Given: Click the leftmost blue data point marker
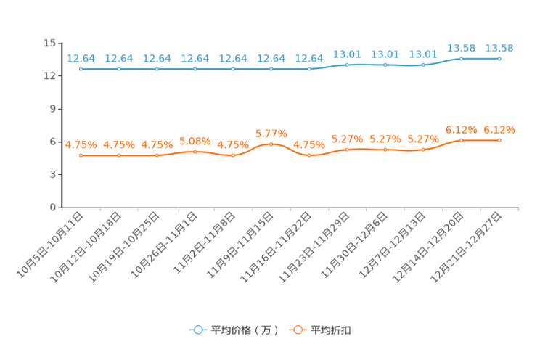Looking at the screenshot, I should (81, 69).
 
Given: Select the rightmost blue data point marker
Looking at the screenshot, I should (499, 58).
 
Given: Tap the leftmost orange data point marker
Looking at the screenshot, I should (81, 156).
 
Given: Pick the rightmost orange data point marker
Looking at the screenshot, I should (499, 140).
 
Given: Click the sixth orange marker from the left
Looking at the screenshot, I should (271, 144).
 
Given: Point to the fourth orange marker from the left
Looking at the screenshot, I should (195, 152).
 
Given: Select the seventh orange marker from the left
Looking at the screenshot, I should (309, 156).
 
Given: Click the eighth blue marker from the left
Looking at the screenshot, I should (348, 65).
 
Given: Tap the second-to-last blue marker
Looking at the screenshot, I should (462, 58).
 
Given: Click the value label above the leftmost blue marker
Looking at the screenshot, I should (81, 58).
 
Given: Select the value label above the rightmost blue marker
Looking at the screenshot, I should (499, 48).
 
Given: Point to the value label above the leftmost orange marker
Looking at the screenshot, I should (81, 144).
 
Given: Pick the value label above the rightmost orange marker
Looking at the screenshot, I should (499, 130).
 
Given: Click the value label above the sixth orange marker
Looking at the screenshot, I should (271, 134).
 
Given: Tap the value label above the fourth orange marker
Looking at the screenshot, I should (195, 140).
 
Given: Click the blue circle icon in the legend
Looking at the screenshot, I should (197, 330).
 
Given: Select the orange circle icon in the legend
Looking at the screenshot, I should (297, 330).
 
